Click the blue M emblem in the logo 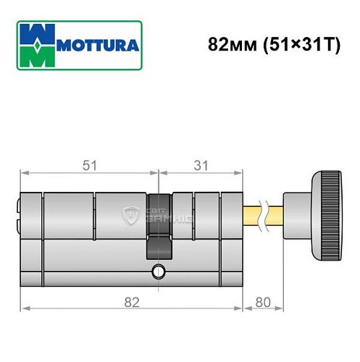click(35, 46)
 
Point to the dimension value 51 click(88, 165)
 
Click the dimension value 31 click(201, 165)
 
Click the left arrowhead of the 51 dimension click(23, 173)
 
